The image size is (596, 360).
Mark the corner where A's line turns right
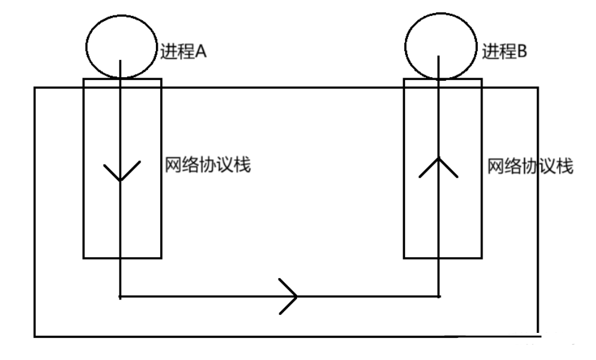[120, 297]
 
